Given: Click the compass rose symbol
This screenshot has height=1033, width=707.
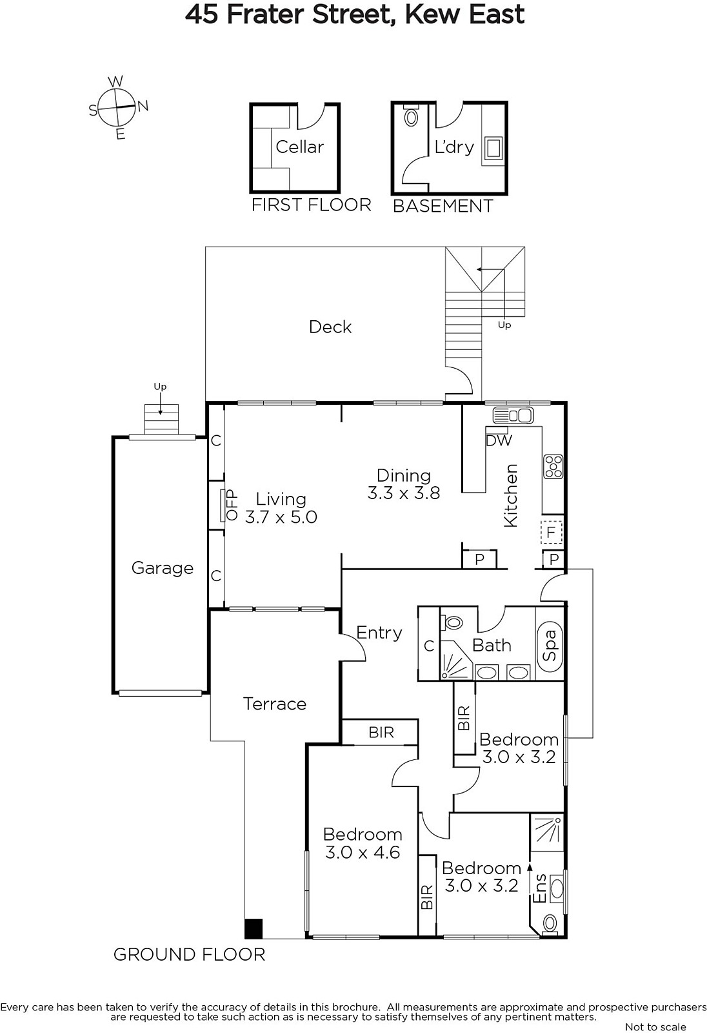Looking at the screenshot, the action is point(118,107).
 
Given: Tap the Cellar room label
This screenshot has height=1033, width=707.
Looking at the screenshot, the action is point(299,147).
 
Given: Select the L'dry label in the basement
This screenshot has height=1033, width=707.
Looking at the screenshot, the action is point(454,147).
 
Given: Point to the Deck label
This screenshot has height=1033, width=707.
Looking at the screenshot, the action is point(330,327).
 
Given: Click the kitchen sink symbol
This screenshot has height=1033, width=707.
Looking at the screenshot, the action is point(512,415).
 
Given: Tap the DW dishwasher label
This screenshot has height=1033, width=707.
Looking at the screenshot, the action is point(499,441).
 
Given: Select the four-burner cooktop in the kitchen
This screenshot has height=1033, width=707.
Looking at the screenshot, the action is point(553,467).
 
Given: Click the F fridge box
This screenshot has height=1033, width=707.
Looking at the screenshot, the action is point(552,532).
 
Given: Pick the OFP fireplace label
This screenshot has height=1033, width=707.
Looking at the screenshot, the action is point(231,505).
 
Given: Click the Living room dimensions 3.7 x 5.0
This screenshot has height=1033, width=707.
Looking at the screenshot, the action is point(281,517).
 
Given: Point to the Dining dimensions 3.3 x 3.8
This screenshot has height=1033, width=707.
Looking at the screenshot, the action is point(404,493).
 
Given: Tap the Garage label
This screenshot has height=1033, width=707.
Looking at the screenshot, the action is point(162,568).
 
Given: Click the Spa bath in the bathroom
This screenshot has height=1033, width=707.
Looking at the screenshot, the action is point(550,645).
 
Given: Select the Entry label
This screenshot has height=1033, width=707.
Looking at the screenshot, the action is point(379,632).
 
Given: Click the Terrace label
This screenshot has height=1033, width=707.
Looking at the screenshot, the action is point(275,704).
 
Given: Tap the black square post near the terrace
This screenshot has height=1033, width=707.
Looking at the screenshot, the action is point(253,928).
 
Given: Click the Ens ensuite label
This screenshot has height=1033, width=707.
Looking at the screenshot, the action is point(539,888).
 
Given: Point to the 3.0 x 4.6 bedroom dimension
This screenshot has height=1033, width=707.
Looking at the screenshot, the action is point(363,852).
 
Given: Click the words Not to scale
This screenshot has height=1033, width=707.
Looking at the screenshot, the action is point(655,1027).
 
